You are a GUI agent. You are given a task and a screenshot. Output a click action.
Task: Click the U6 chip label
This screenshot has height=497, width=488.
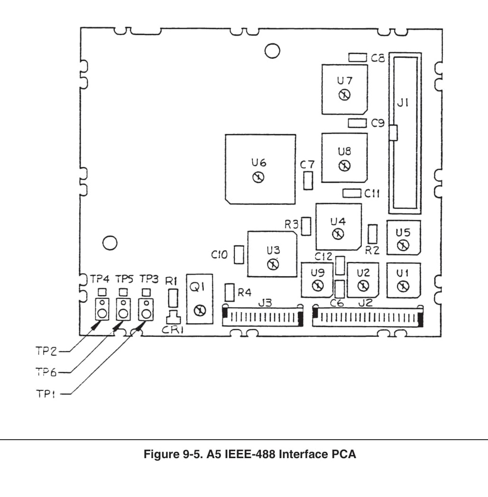[x=258, y=163]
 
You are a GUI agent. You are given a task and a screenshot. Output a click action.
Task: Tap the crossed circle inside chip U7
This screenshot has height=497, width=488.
[x=345, y=95]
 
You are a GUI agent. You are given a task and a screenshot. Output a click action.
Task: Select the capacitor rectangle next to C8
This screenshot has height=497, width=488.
[x=358, y=57]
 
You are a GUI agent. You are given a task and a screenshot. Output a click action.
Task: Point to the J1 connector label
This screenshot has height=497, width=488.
[x=403, y=103]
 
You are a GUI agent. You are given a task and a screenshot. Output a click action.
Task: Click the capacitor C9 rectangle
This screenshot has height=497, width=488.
[x=357, y=123]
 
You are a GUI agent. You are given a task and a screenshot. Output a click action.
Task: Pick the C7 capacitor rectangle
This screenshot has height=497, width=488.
[x=308, y=181]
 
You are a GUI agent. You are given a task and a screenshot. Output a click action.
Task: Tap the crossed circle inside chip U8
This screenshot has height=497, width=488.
[x=345, y=165]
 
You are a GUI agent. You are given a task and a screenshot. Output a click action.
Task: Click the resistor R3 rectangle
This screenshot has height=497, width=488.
[x=306, y=226]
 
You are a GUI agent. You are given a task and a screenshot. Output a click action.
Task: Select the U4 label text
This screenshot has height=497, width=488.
[x=338, y=221]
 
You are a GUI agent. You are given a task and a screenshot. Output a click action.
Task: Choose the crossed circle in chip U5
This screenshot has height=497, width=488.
[x=403, y=245]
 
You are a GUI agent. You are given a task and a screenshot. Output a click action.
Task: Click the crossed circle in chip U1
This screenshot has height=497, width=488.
[x=403, y=287]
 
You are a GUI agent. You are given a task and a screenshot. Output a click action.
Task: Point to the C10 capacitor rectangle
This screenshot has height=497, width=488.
[x=239, y=254]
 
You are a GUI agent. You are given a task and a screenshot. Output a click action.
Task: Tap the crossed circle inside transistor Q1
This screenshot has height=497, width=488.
[x=200, y=310]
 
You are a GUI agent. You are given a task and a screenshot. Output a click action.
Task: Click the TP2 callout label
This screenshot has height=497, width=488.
[x=46, y=351]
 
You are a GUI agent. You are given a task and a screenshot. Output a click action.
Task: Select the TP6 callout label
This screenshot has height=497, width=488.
[x=46, y=372]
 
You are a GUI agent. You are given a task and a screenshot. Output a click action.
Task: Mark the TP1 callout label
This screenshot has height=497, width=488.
[x=46, y=394]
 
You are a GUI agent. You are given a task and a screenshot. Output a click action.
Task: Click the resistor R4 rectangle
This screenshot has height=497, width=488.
[x=230, y=292]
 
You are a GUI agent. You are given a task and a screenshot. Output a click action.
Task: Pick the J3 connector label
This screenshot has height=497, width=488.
[x=265, y=303]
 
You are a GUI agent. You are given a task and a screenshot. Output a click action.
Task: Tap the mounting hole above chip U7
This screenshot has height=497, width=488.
[x=272, y=51]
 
